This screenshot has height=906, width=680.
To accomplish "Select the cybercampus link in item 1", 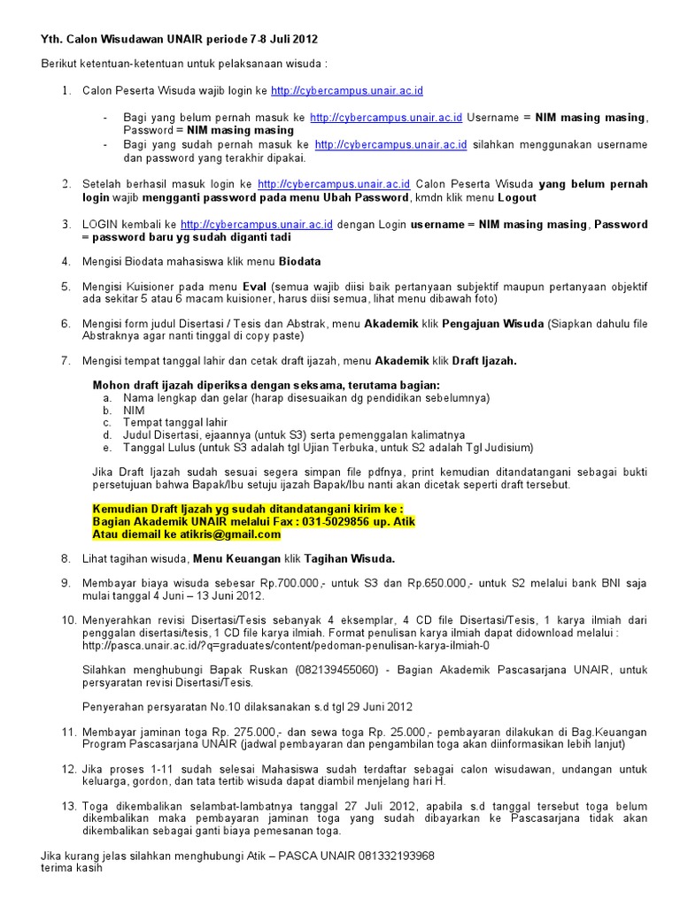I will pyautogui.click(x=347, y=91).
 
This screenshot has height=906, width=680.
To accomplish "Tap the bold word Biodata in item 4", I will pyautogui.click(x=300, y=262).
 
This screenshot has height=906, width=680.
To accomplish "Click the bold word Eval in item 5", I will pyautogui.click(x=254, y=287).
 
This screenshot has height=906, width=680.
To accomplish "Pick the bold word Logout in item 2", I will pyautogui.click(x=517, y=197).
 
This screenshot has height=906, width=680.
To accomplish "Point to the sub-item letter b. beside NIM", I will pyautogui.click(x=106, y=411).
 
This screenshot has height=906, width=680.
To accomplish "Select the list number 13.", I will pyautogui.click(x=69, y=806).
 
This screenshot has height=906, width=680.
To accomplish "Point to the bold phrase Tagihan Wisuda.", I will pyautogui.click(x=350, y=559).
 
